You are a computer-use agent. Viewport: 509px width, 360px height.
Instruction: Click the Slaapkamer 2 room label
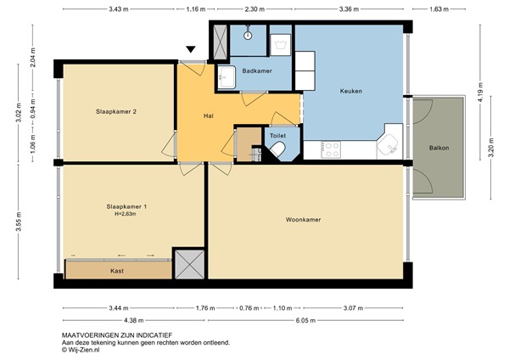(115, 110)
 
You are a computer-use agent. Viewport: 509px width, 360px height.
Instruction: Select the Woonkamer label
(303, 221)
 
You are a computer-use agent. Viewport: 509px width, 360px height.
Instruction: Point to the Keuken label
(351, 90)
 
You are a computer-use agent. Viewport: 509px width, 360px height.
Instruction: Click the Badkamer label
(257, 71)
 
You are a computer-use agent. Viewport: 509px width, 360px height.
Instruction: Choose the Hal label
(208, 115)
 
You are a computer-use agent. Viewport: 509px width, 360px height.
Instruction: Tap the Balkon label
(439, 148)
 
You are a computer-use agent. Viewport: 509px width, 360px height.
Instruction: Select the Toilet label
(277, 136)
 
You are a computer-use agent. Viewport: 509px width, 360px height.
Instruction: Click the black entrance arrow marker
(192, 51)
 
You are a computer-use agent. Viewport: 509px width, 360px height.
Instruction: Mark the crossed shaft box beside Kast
(188, 263)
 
